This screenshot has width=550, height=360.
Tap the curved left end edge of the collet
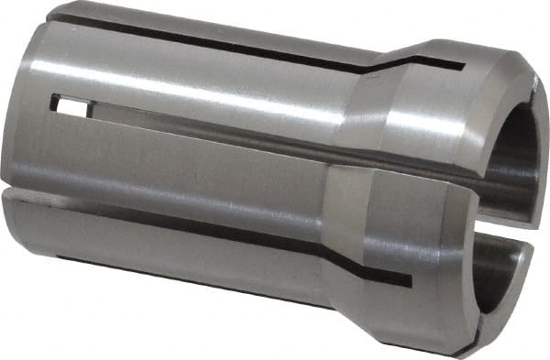(x=7, y=137)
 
